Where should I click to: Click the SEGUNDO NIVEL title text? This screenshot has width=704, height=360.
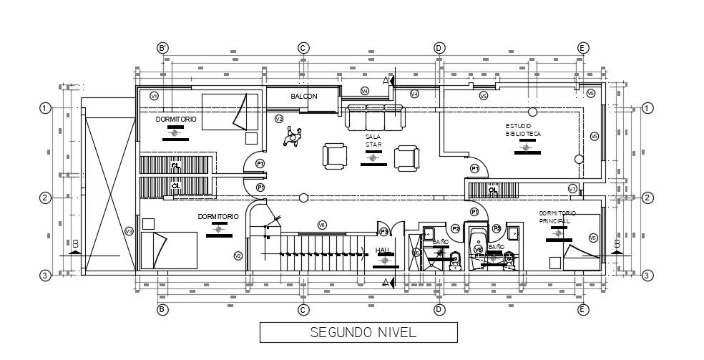357,333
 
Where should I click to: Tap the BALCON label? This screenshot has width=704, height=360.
303,96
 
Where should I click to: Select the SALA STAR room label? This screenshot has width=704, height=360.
373,140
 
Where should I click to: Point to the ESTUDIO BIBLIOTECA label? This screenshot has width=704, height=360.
523,130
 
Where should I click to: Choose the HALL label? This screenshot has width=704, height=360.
383,250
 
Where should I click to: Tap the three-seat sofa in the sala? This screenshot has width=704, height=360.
374,117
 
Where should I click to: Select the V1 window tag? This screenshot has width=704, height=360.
154,95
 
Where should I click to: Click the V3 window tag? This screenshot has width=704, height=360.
129,231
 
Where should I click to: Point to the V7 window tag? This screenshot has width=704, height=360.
572,188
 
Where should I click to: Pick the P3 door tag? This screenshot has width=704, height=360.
384,231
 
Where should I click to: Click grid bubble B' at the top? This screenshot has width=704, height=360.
163,48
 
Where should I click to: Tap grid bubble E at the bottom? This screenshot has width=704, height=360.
583,309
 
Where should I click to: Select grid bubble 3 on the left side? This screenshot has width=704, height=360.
44,275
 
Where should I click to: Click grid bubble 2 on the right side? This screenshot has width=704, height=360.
646,198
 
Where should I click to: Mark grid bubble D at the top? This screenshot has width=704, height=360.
439,48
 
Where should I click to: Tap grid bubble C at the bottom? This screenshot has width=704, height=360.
303,309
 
